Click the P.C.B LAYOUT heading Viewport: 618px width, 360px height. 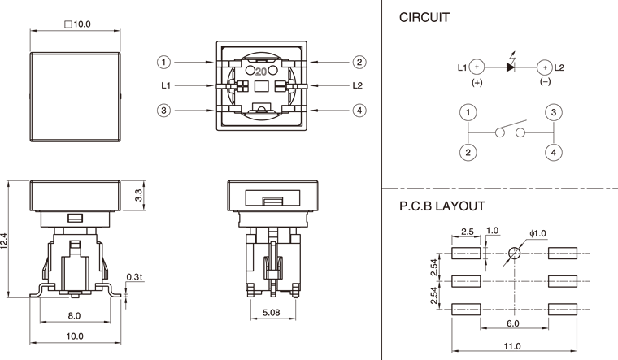[x=442, y=206]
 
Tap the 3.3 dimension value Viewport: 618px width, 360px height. [x=138, y=194]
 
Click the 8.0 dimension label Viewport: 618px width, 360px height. [x=74, y=315]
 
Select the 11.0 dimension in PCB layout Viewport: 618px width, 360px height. [x=511, y=346]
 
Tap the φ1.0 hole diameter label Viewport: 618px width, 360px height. [x=537, y=234]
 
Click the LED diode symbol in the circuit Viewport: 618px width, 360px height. [x=511, y=67]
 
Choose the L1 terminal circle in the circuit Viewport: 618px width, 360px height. [x=477, y=67]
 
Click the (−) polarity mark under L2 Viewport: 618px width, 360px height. [x=546, y=82]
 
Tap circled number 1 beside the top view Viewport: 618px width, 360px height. [x=164, y=62]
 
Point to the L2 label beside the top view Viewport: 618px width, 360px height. [x=358, y=85]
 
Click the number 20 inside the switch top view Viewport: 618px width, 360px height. [x=261, y=71]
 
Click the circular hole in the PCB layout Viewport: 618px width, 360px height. [x=514, y=254]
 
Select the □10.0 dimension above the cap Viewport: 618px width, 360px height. [x=76, y=24]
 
